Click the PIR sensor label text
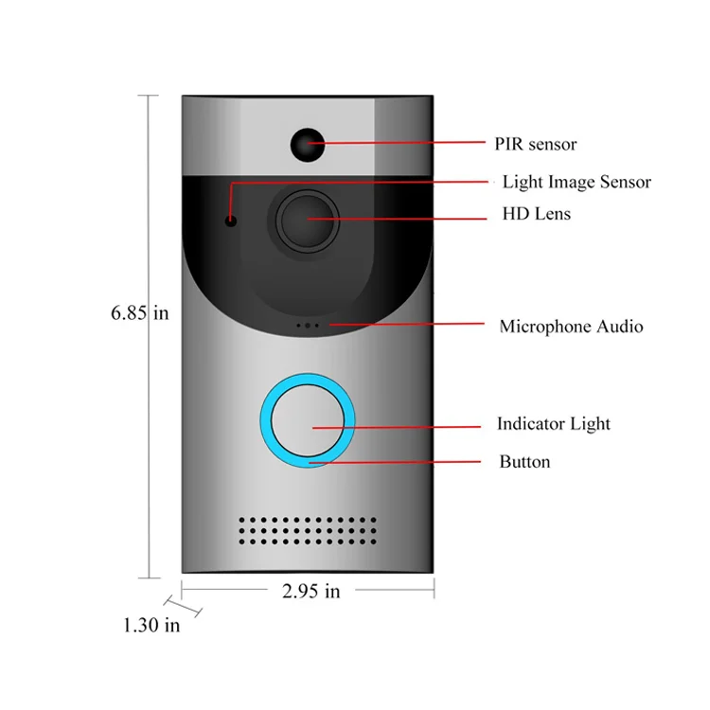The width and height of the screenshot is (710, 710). click(535, 144)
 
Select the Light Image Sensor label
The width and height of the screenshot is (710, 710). click(577, 182)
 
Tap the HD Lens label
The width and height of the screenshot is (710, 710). click(536, 214)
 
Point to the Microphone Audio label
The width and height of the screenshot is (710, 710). click(571, 327)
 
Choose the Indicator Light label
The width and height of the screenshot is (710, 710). click(554, 424)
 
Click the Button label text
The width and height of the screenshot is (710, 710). click(524, 462)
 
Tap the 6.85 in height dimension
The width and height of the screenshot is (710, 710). click(140, 312)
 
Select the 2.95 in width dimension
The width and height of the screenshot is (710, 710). click(311, 592)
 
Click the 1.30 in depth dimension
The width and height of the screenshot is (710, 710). click(151, 625)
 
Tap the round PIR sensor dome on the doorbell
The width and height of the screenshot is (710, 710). click(307, 143)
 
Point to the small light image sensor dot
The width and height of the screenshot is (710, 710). click(230, 222)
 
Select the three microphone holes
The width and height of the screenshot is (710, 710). click(308, 326)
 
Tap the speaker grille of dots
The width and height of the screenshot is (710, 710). click(308, 531)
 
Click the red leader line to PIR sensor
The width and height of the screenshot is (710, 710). click(407, 143)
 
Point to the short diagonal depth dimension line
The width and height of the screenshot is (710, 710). click(173, 603)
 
